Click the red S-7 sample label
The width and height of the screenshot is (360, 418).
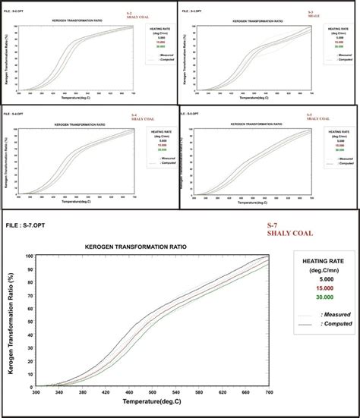pyautogui.click(x=272, y=226)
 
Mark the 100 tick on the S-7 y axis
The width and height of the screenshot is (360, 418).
pyautogui.click(x=28, y=257)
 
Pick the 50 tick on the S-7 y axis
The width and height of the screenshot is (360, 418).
pyautogui.click(x=29, y=323)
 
